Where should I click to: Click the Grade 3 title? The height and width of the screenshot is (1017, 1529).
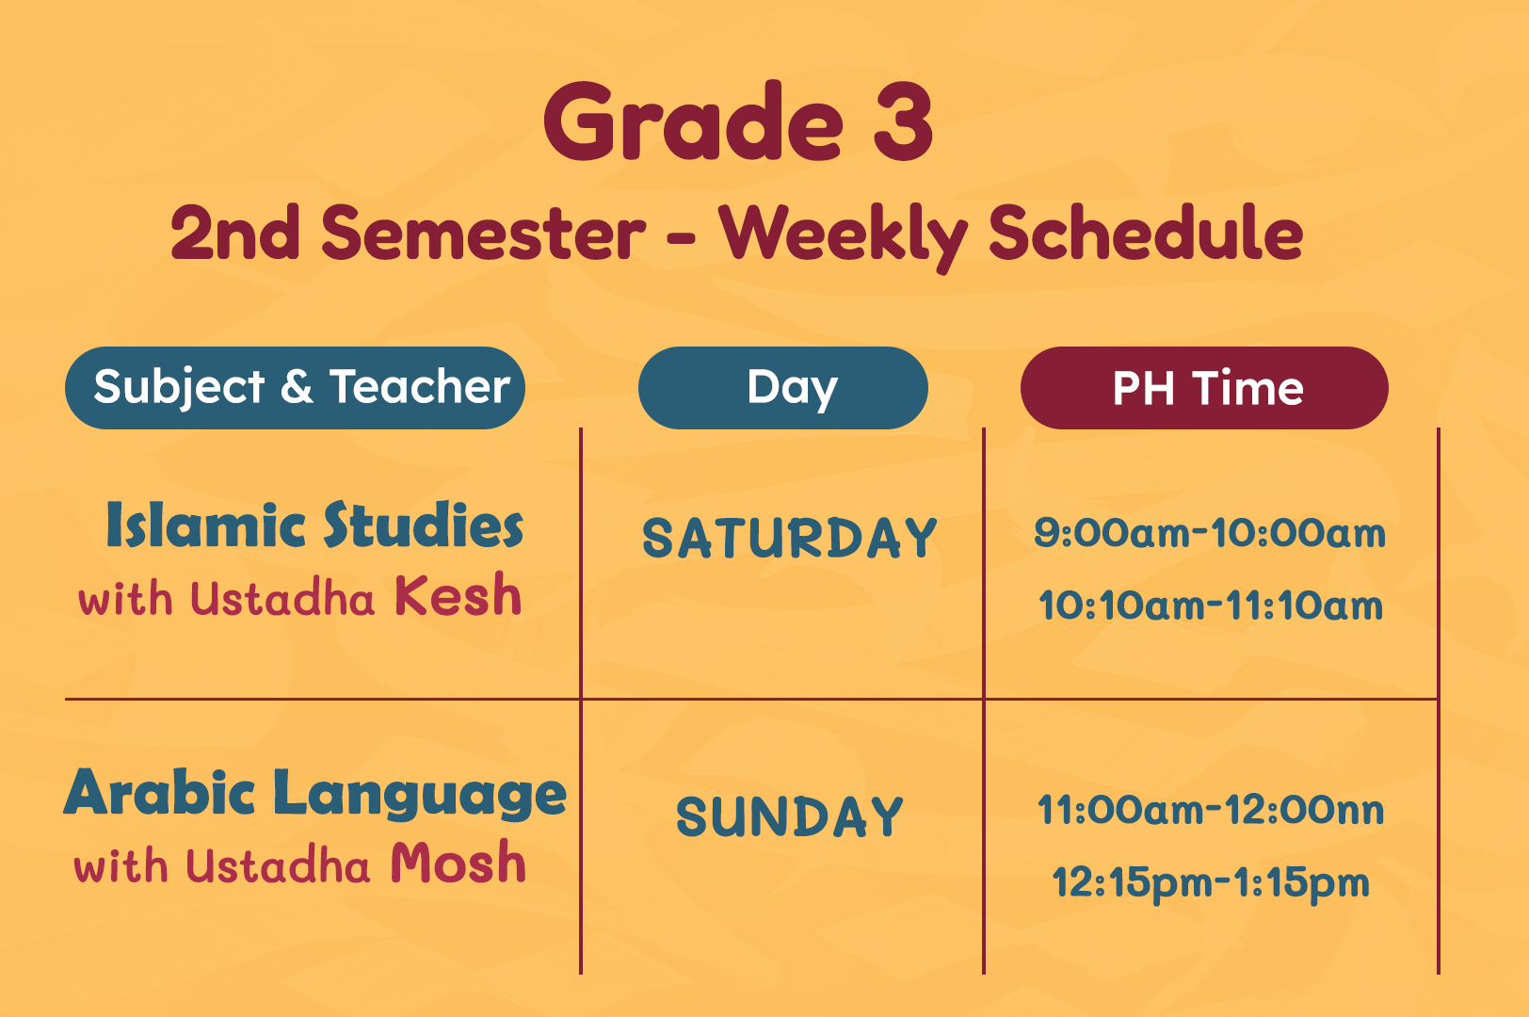738,121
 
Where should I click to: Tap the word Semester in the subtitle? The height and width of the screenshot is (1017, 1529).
483,233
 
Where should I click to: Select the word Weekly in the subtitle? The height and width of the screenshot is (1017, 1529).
843,237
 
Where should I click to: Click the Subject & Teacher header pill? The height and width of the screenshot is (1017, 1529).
295,388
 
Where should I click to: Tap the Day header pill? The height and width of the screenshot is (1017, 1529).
783,388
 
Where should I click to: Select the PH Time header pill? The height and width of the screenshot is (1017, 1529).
1204,388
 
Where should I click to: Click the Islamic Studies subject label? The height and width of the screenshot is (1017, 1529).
314,525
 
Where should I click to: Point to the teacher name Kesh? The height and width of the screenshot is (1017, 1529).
458,594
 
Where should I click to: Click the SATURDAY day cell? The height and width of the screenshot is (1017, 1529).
790,538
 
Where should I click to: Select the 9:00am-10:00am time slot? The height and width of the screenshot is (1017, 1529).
1210,533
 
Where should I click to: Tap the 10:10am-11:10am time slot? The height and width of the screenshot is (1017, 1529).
1210,605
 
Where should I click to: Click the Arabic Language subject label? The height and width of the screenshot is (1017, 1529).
314,794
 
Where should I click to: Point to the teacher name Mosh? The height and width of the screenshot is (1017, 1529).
458,862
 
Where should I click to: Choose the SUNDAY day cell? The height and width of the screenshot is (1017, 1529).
790,816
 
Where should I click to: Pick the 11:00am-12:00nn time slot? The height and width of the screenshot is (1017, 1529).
1210,810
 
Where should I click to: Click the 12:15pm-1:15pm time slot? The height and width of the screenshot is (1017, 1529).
1210,883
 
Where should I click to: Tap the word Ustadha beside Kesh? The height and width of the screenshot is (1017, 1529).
282,598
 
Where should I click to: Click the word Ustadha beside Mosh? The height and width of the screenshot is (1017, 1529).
278,864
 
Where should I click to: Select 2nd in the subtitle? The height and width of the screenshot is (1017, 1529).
234,233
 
